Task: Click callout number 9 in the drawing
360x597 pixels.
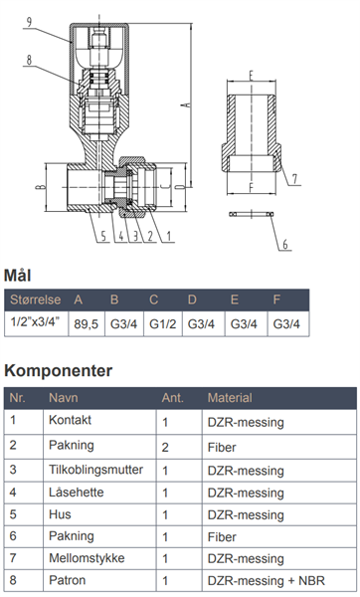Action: coord(29,22)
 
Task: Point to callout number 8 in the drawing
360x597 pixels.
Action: coord(29,60)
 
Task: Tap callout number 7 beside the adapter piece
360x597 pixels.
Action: coord(294,178)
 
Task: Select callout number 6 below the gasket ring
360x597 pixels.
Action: coord(285,244)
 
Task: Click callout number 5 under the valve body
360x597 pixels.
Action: coord(103,236)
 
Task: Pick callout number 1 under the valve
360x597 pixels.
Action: coord(169,236)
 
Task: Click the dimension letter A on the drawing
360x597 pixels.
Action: coord(187,103)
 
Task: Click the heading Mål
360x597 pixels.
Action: coord(17,275)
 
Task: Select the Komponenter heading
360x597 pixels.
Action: coord(59,370)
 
